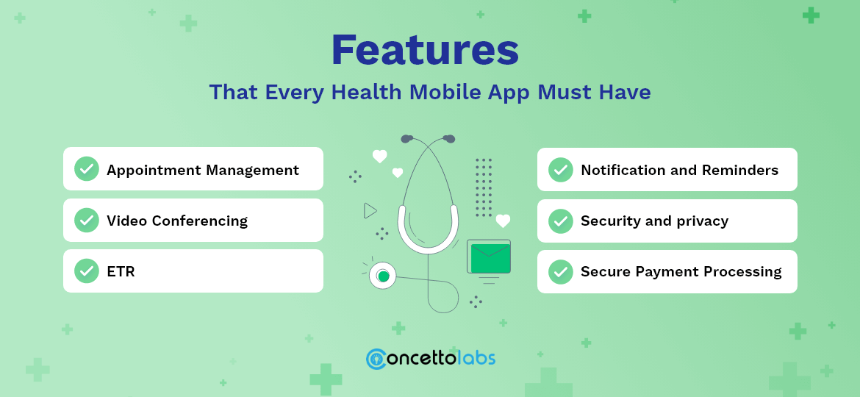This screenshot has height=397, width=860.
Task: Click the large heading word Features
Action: point(425,50)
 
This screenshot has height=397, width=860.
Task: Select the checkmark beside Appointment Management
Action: point(87,169)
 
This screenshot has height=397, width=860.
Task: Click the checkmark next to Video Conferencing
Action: point(87,220)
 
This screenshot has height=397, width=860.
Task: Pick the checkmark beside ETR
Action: point(87,271)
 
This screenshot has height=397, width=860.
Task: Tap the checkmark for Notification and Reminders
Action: point(561,170)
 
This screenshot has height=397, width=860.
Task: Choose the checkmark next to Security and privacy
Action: point(561,221)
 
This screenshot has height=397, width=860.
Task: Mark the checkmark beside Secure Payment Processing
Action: point(561,271)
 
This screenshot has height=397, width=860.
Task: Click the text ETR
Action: point(121,272)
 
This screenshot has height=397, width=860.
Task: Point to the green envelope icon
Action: point(490,257)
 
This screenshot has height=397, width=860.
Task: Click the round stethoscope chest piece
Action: point(382,276)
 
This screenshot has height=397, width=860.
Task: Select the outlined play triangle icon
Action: point(370,211)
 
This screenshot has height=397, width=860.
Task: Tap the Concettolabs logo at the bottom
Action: point(430,358)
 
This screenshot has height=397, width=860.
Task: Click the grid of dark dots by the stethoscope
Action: point(483,187)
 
